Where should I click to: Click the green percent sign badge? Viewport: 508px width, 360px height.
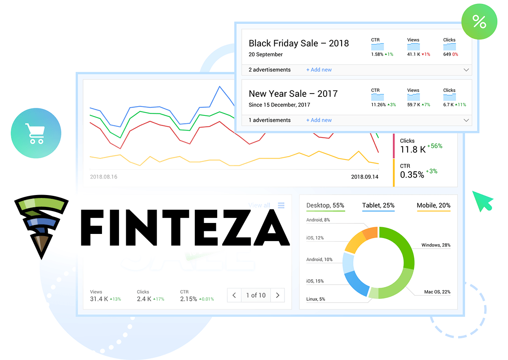pos(479,22)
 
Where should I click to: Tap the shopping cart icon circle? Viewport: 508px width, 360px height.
pos(36,133)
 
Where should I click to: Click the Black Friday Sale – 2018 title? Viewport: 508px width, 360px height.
pos(298,43)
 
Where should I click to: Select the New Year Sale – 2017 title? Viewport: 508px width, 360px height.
pos(293,94)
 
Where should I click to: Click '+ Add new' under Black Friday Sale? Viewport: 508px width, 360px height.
pos(319,70)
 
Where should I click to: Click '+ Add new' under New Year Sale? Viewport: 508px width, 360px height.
pos(319,120)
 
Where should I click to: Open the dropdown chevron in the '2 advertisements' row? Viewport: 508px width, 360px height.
pos(466,70)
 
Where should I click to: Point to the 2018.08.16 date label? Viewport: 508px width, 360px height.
pos(104,177)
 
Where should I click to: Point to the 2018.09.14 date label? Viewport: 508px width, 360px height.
pos(364,177)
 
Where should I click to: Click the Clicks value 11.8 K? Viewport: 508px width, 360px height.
pos(413,149)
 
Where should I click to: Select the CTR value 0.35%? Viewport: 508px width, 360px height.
pos(412,175)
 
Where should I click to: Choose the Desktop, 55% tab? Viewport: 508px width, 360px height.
pos(325,206)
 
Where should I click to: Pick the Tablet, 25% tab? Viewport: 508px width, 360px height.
pos(378,206)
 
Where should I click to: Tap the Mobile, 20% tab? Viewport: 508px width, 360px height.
pos(433,206)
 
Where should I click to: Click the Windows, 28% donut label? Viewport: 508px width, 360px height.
pos(436,245)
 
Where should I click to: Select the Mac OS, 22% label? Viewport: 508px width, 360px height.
pos(437,292)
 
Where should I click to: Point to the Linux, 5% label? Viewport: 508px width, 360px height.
pos(315,299)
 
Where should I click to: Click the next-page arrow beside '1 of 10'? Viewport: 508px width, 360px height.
pos(277,295)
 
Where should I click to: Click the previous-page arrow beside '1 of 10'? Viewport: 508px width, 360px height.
pos(234,295)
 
